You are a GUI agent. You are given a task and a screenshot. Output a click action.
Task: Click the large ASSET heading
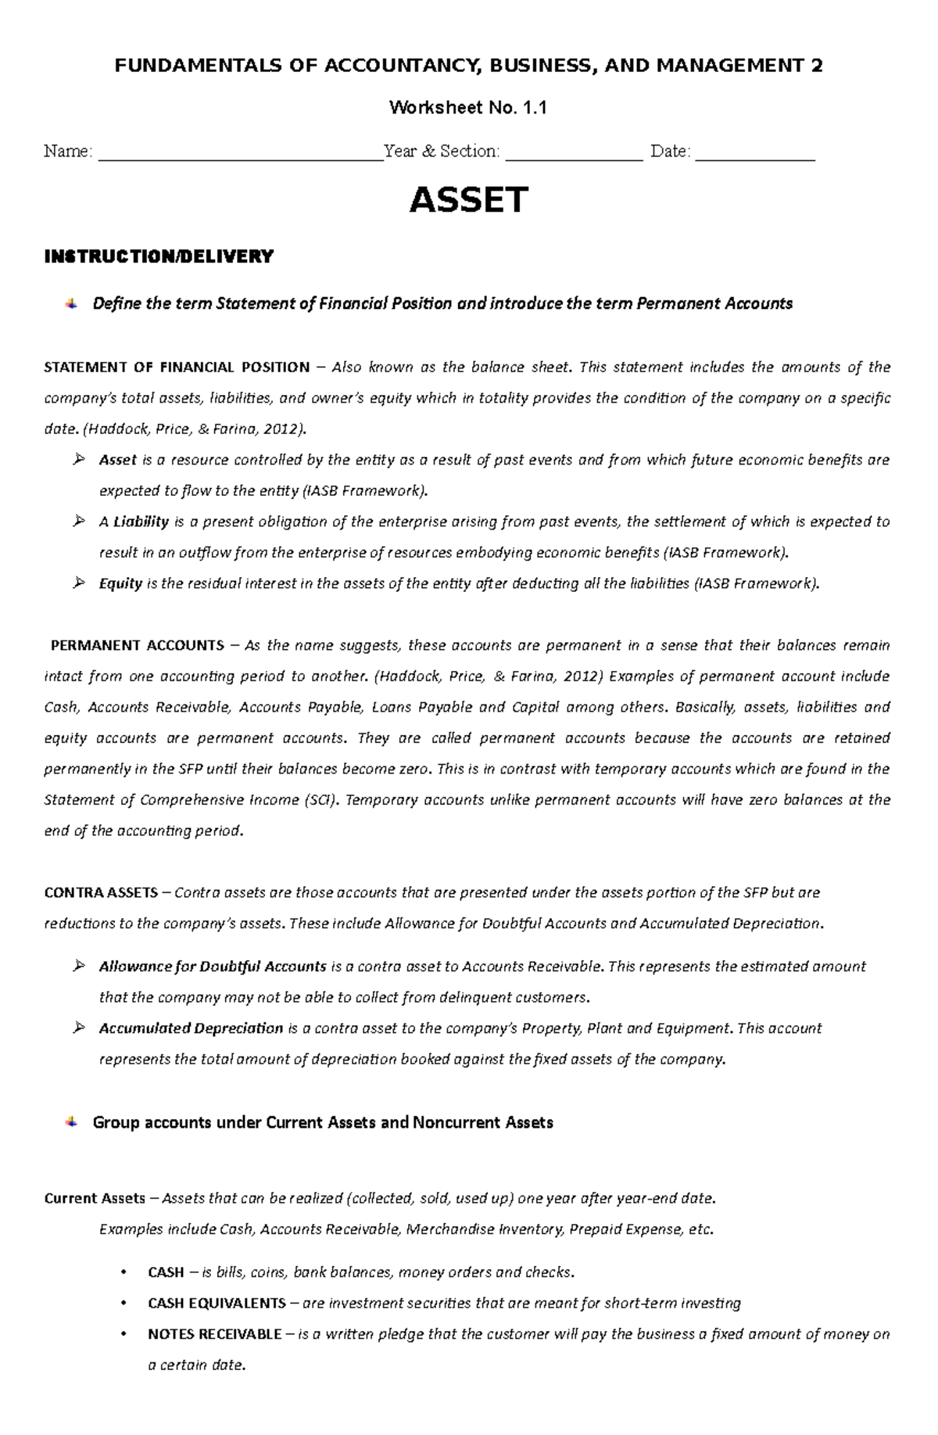coord(469,200)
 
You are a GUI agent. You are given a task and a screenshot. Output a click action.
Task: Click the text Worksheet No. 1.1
coord(467,108)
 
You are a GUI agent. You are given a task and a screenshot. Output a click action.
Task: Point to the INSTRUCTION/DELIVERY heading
coord(159,257)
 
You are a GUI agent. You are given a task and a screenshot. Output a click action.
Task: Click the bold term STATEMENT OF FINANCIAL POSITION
coord(177,368)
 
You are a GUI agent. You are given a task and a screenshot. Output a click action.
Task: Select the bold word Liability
coord(141,522)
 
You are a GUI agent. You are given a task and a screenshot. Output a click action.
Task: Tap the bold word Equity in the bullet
coord(120,583)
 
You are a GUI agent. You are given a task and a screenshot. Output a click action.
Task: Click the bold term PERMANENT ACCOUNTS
coord(138,645)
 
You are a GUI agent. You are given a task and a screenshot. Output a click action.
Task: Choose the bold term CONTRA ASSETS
coord(101,892)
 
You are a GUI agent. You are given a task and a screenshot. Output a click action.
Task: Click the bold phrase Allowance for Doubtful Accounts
coord(212,967)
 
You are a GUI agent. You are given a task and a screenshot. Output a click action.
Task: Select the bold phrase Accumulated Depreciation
coord(191,1028)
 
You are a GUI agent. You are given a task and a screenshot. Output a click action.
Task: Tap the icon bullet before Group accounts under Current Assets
coord(71,1122)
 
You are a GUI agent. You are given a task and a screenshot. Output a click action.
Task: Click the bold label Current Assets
coord(95,1198)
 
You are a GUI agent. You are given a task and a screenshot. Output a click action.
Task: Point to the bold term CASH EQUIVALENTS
coord(217,1303)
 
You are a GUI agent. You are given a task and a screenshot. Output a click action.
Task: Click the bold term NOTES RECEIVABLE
coord(214,1334)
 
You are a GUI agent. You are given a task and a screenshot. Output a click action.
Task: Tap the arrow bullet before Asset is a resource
coord(78,460)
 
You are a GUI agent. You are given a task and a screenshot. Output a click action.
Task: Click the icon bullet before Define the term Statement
coord(71,303)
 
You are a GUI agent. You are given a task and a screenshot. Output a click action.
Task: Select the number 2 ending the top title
coord(817,66)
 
